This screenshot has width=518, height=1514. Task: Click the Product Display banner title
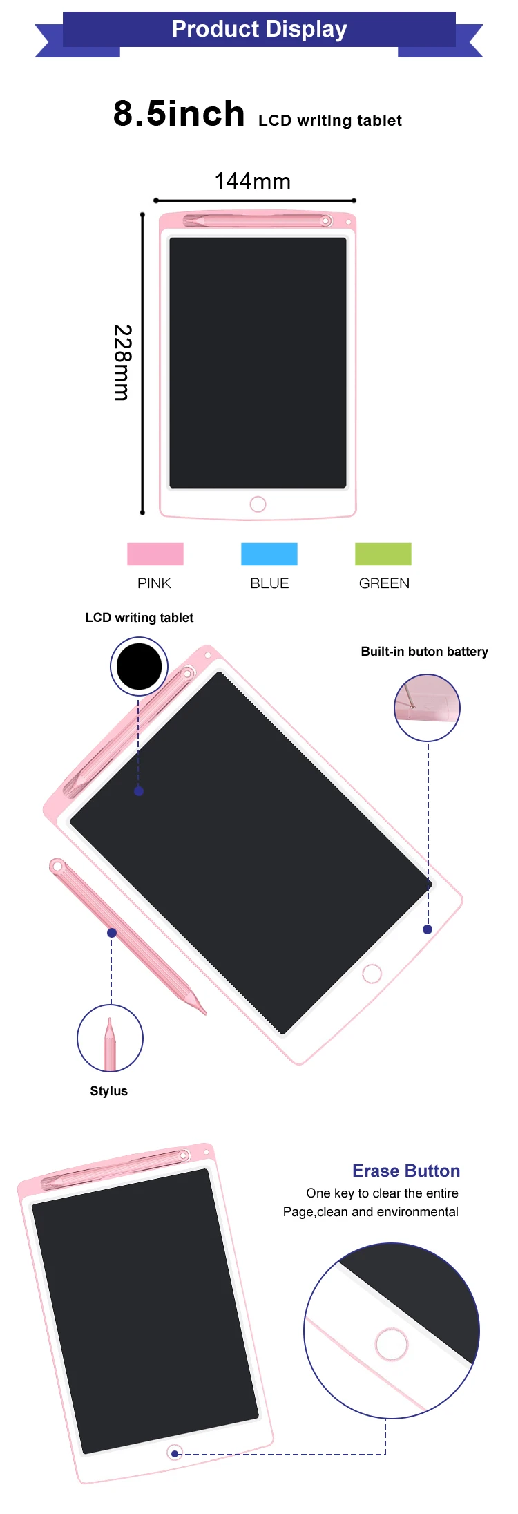tap(259, 29)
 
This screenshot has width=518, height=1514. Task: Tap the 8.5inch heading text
tap(179, 114)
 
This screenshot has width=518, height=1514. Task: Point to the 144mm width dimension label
tap(253, 182)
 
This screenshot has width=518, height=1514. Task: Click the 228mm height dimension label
tap(122, 362)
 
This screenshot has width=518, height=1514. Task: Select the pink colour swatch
tap(155, 554)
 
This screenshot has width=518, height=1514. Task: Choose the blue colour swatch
tap(269, 554)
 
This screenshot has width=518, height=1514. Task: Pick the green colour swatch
tap(383, 554)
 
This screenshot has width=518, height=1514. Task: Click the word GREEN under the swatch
tap(384, 583)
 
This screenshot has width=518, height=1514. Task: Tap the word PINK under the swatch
tap(154, 583)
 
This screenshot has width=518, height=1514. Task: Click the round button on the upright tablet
tap(258, 504)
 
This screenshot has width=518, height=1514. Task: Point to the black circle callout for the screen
tap(139, 666)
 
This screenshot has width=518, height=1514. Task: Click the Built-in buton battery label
tap(424, 652)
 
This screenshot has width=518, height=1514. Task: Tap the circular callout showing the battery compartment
tap(427, 708)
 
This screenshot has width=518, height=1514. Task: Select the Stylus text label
tap(109, 1091)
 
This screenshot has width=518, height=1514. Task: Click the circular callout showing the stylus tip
tap(110, 1038)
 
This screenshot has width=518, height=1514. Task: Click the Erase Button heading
tap(406, 1171)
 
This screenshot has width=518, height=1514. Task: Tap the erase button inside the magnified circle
tap(392, 1344)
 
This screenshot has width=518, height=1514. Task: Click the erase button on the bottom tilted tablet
tap(175, 1453)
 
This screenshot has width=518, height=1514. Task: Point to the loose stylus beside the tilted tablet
tap(128, 936)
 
